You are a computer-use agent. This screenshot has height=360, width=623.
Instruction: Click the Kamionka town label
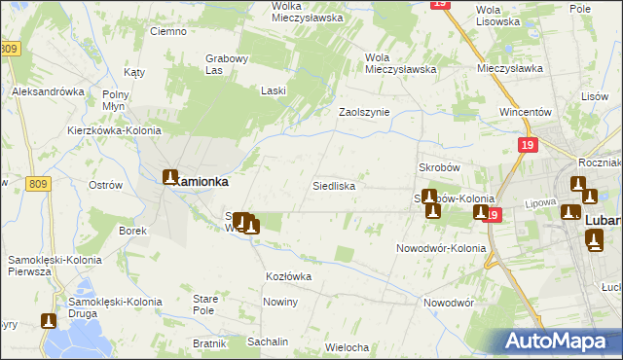click(201, 181)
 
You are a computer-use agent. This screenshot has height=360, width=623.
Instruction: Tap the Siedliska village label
click(333, 185)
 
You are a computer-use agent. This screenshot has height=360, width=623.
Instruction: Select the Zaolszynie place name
click(363, 112)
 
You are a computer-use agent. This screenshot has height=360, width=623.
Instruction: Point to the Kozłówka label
click(288, 276)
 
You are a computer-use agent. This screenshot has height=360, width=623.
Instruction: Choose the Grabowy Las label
click(228, 63)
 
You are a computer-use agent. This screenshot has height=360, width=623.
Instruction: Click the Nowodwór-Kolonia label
click(440, 248)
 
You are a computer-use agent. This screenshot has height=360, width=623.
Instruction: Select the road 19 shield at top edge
click(441, 5)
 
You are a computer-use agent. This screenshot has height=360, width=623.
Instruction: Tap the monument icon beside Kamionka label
click(170, 178)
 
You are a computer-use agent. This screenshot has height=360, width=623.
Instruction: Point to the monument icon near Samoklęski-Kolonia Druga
click(48, 320)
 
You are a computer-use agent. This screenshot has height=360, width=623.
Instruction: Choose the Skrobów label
click(438, 167)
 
